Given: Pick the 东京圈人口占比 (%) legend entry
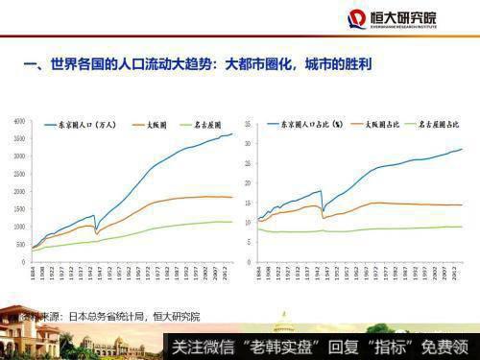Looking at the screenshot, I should (x=307, y=125).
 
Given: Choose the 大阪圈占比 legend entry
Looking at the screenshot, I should (x=379, y=125).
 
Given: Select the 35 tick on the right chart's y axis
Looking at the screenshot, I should (x=248, y=123).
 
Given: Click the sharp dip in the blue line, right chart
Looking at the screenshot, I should (x=324, y=210).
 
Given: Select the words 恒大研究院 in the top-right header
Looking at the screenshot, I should (x=403, y=17).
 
